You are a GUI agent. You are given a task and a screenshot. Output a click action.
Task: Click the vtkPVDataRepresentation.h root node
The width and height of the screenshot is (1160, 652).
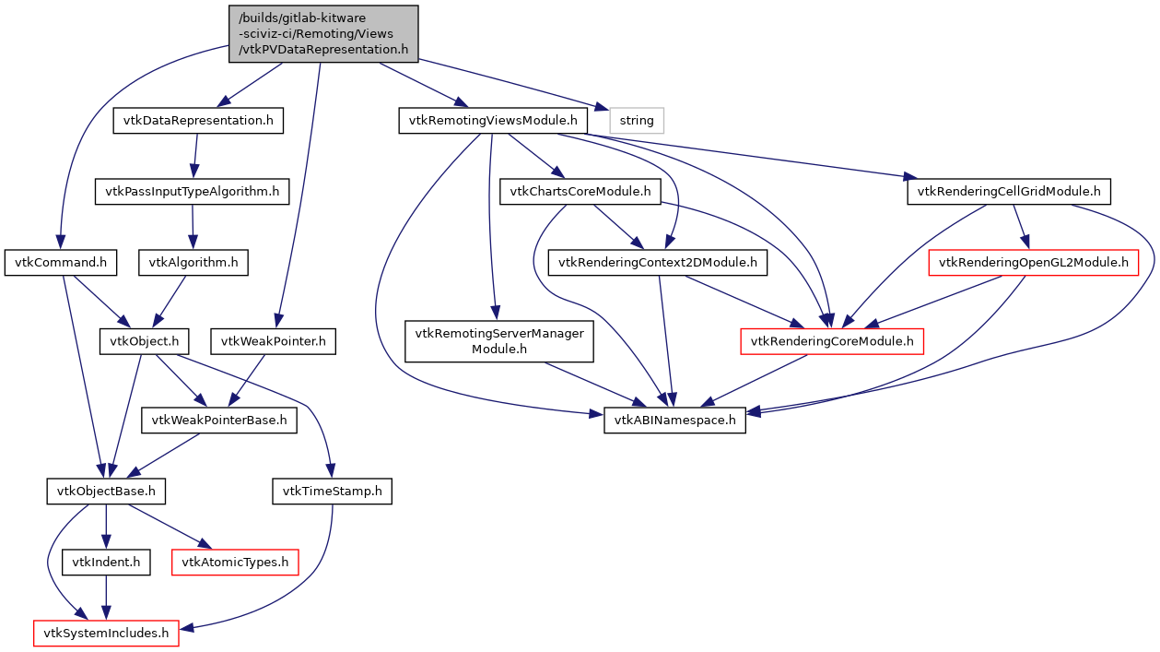pos(323,34)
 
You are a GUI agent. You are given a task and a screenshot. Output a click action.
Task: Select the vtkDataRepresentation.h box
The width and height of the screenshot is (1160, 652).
pos(198,121)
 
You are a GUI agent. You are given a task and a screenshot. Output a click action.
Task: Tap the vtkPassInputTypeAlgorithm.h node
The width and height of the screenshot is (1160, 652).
pos(192,192)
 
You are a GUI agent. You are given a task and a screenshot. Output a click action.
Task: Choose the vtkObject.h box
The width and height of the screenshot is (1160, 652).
pos(145,342)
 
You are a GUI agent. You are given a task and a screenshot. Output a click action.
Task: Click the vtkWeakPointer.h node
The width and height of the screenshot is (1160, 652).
pos(273,342)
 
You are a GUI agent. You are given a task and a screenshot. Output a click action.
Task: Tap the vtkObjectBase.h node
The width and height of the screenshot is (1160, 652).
pos(106,492)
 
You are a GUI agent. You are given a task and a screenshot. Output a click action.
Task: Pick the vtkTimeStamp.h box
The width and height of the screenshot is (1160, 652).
pos(333,492)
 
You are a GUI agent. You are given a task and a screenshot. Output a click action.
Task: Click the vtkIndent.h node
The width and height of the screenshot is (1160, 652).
pos(106,562)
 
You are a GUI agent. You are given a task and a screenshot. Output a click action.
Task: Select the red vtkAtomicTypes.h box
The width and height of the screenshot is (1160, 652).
pos(236,562)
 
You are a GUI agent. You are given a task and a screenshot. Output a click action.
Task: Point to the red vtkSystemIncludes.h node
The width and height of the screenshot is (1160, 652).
pos(106,633)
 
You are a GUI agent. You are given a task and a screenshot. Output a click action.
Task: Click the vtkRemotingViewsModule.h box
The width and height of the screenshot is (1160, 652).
pos(493,121)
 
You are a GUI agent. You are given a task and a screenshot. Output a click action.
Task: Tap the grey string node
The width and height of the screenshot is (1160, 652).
pos(637,121)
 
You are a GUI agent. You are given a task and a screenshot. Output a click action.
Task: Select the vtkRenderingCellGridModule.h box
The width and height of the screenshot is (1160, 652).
pos(1009,192)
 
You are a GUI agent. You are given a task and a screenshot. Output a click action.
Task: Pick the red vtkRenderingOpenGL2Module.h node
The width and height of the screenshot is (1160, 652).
pos(1033,263)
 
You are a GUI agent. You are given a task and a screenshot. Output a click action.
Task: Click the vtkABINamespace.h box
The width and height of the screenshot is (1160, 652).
pos(674,421)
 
